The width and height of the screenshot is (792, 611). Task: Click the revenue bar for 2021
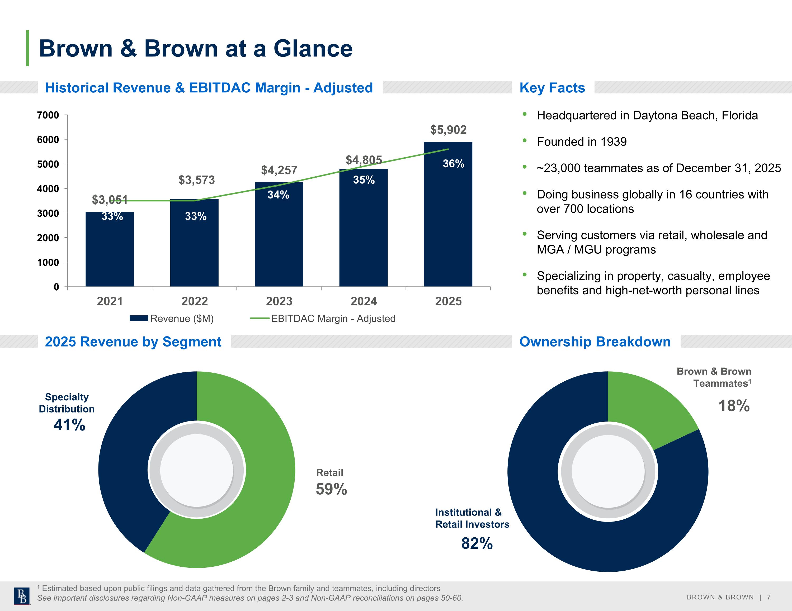(110, 249)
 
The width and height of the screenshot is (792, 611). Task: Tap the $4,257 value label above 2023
(279, 170)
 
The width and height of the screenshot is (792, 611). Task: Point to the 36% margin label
(453, 164)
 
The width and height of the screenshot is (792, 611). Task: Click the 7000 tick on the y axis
(48, 115)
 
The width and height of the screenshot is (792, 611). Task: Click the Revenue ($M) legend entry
(172, 318)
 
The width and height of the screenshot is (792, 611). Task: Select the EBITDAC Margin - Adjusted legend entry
(323, 318)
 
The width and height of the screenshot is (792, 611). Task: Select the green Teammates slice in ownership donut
(649, 406)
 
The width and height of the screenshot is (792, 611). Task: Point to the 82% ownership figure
(477, 543)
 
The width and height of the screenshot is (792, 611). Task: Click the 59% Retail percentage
(331, 489)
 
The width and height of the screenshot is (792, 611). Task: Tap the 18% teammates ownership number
(734, 405)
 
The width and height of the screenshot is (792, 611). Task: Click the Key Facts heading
(552, 88)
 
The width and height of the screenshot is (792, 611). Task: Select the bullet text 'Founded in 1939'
(582, 141)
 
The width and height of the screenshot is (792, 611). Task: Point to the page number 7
(769, 597)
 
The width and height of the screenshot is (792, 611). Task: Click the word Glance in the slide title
(313, 48)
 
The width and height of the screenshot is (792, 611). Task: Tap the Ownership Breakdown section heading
(595, 342)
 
